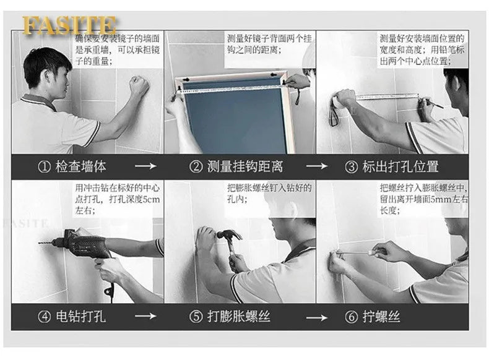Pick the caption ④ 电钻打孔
pos(72,317)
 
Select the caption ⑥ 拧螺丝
pos(373,317)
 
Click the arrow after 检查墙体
pos(145,166)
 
